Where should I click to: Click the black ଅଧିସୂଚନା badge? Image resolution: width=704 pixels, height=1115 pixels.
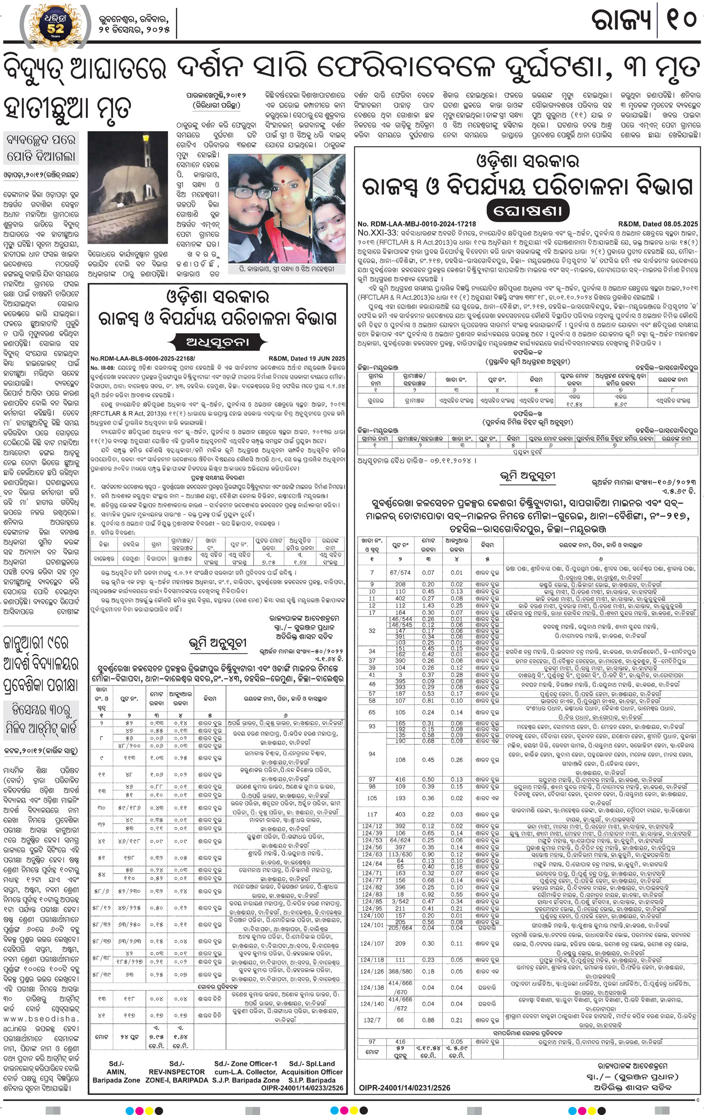pos(217,341)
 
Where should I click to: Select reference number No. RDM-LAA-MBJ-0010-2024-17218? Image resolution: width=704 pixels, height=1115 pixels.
pos(417,224)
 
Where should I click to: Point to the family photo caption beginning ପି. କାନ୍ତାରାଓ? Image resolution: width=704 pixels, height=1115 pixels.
pos(288,269)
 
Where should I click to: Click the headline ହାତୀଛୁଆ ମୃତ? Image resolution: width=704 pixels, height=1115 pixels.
pos(67,108)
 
